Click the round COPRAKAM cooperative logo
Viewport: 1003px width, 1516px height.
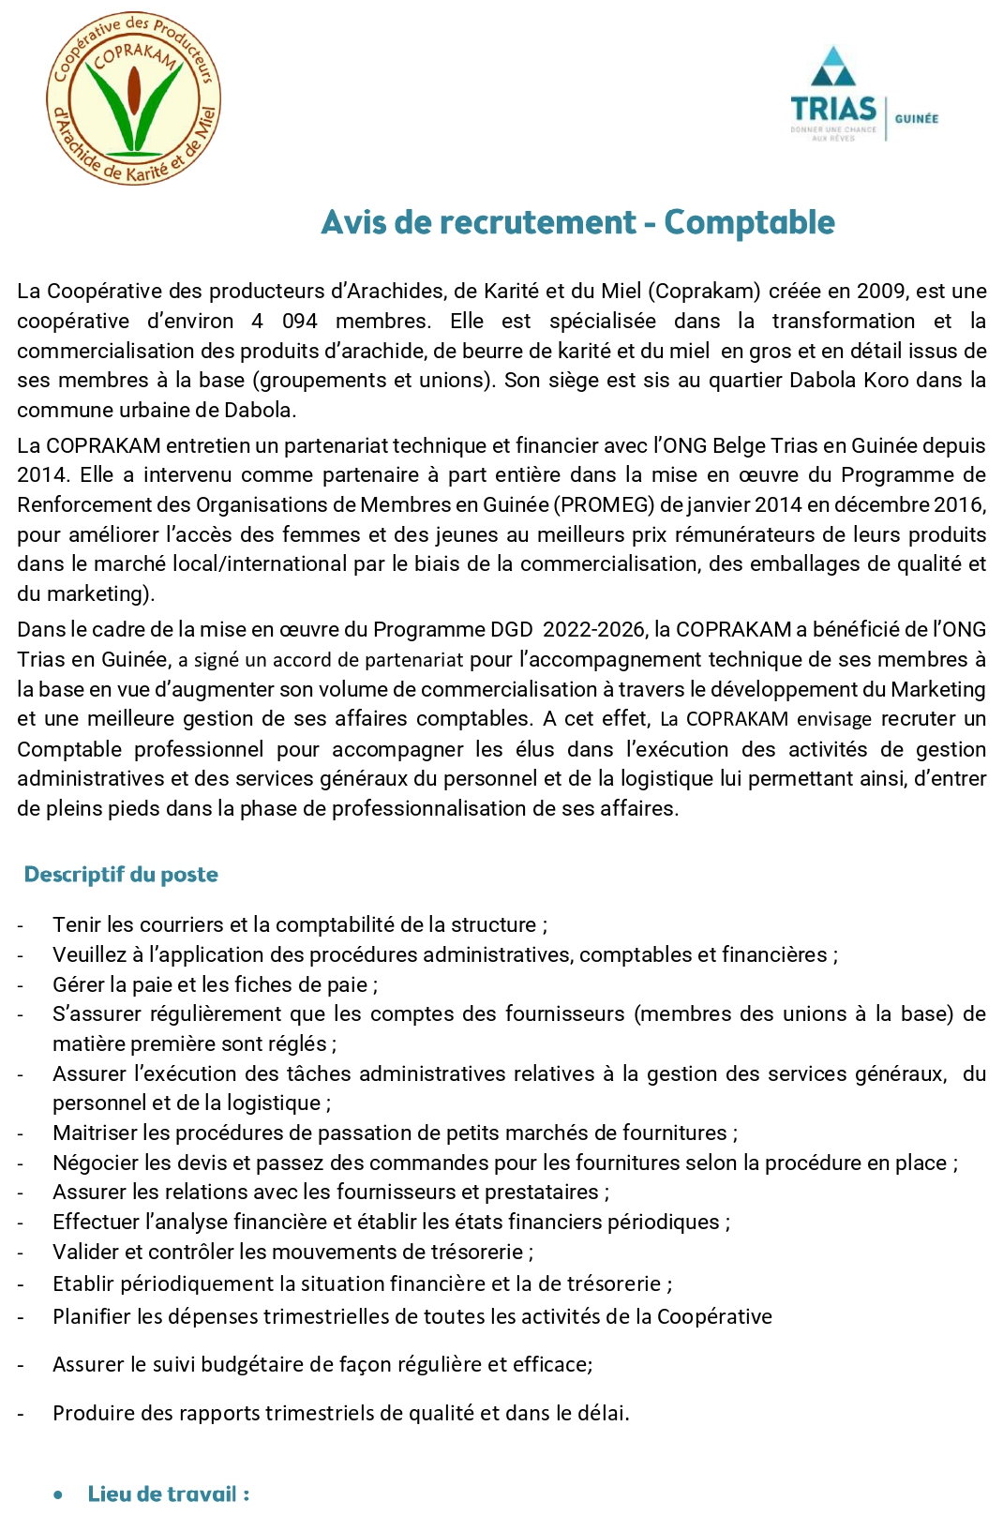(134, 98)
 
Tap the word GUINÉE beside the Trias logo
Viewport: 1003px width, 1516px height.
(916, 119)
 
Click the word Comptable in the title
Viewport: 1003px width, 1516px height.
(749, 222)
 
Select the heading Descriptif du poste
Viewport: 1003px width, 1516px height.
(121, 875)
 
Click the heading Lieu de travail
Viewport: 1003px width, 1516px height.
(168, 1493)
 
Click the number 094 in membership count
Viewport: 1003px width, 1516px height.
(300, 322)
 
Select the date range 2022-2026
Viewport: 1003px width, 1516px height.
(594, 630)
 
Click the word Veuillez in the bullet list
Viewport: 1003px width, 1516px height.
(91, 955)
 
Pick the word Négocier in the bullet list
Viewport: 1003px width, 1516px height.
(93, 1163)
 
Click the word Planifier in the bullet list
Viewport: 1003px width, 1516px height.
(92, 1317)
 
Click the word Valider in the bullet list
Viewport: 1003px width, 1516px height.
(83, 1253)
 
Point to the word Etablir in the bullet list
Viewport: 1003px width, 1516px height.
(83, 1284)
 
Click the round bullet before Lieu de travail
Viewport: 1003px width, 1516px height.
(59, 1494)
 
